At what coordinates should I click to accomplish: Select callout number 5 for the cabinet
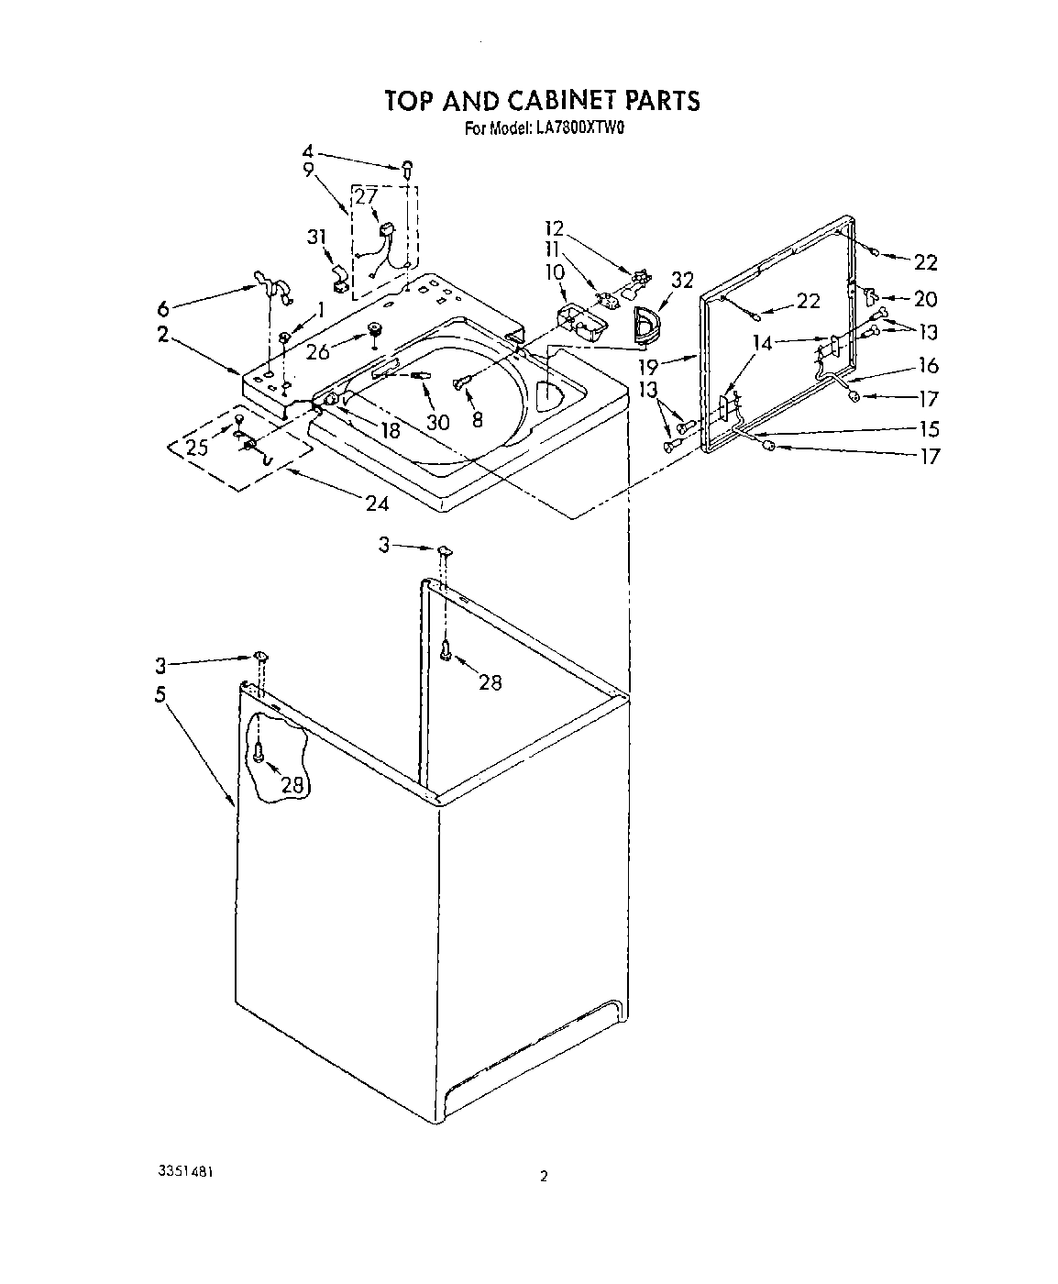pos(161,694)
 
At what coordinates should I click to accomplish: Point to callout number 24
pos(377,504)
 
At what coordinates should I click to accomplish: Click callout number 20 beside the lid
pos(926,299)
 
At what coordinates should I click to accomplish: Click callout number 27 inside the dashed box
pos(367,196)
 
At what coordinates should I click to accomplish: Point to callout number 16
pos(929,365)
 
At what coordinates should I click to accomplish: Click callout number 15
pos(929,428)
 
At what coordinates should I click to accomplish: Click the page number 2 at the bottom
pos(544,1177)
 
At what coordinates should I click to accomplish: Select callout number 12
pos(554,227)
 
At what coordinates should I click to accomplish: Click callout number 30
pos(438,421)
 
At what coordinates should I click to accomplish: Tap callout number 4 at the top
pos(308,150)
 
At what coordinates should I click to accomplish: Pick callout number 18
pos(391,429)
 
